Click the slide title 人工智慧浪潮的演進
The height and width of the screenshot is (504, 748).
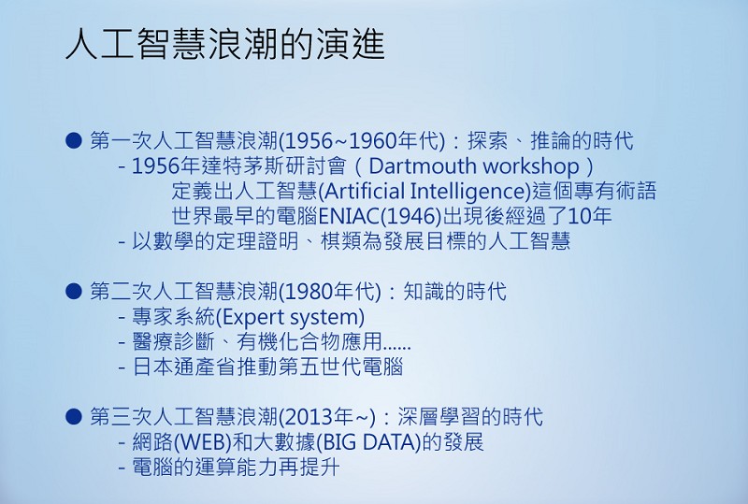[x=224, y=44]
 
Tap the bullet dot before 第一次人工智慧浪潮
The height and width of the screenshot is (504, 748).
[x=74, y=141]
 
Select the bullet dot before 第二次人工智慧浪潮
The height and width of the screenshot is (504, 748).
[x=74, y=291]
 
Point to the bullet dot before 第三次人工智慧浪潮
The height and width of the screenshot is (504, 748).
[x=74, y=416]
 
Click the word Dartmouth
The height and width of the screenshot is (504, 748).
[x=423, y=166]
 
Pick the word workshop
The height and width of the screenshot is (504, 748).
[x=531, y=166]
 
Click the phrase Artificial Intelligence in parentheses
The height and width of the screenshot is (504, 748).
[x=424, y=192]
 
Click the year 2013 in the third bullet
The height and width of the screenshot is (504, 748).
[x=309, y=417]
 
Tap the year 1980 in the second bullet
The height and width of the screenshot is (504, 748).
[x=309, y=292]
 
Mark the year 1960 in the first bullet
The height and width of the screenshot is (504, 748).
[x=373, y=141]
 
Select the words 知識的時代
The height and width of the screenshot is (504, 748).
[x=454, y=292]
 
